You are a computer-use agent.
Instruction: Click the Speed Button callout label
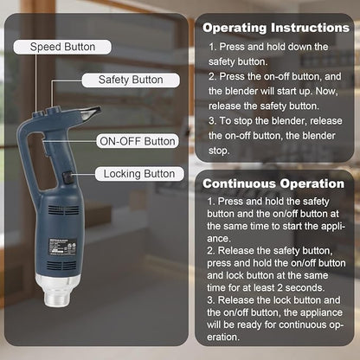point(63,46)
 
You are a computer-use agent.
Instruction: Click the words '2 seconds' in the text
point(307,284)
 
